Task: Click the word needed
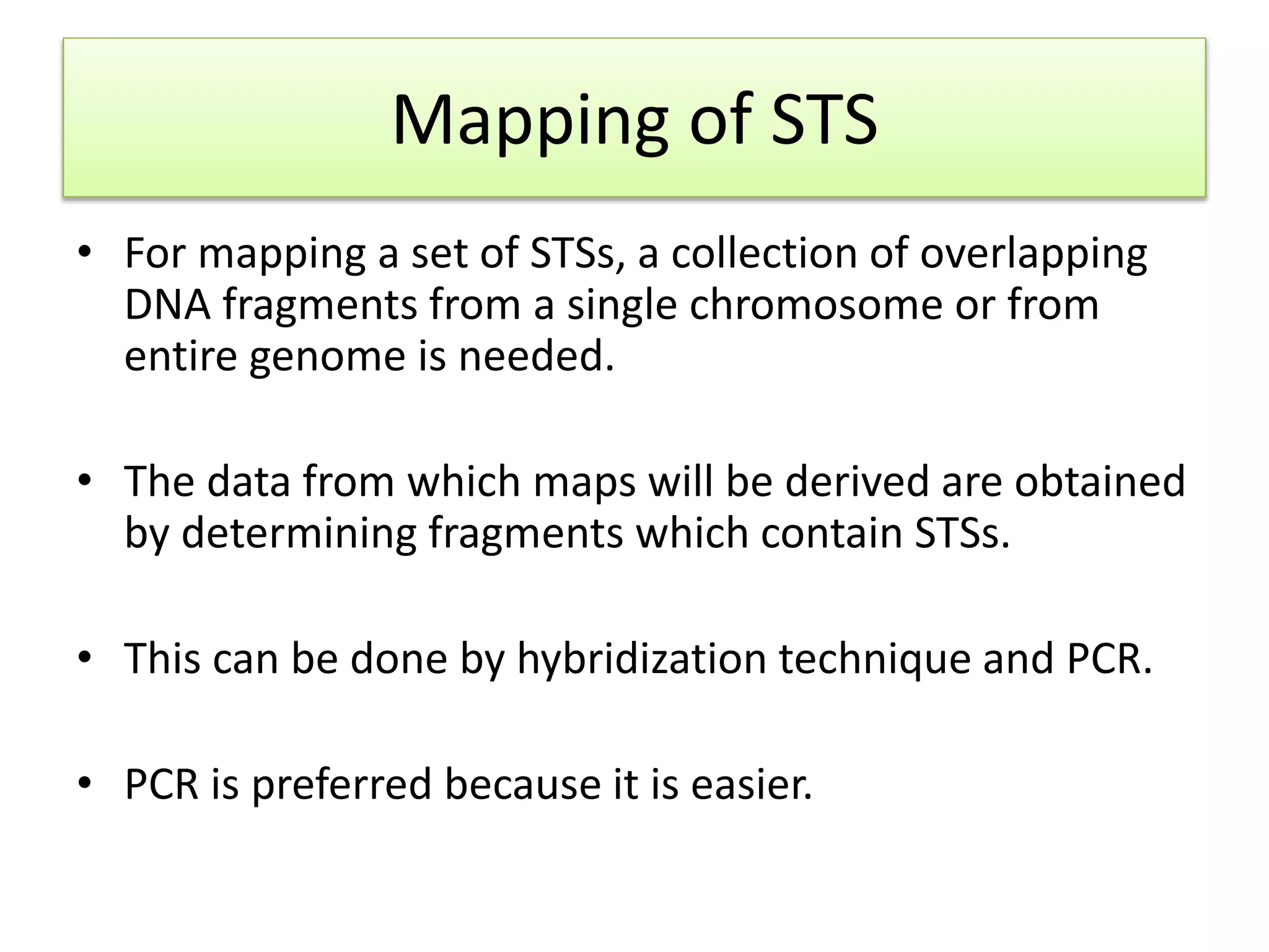click(536, 356)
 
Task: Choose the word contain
click(831, 533)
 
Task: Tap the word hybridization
click(641, 659)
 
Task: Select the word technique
click(874, 659)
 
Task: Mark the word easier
click(751, 785)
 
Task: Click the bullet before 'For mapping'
click(85, 253)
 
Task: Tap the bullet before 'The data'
click(85, 480)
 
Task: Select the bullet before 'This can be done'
click(85, 658)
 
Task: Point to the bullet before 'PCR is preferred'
click(85, 783)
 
